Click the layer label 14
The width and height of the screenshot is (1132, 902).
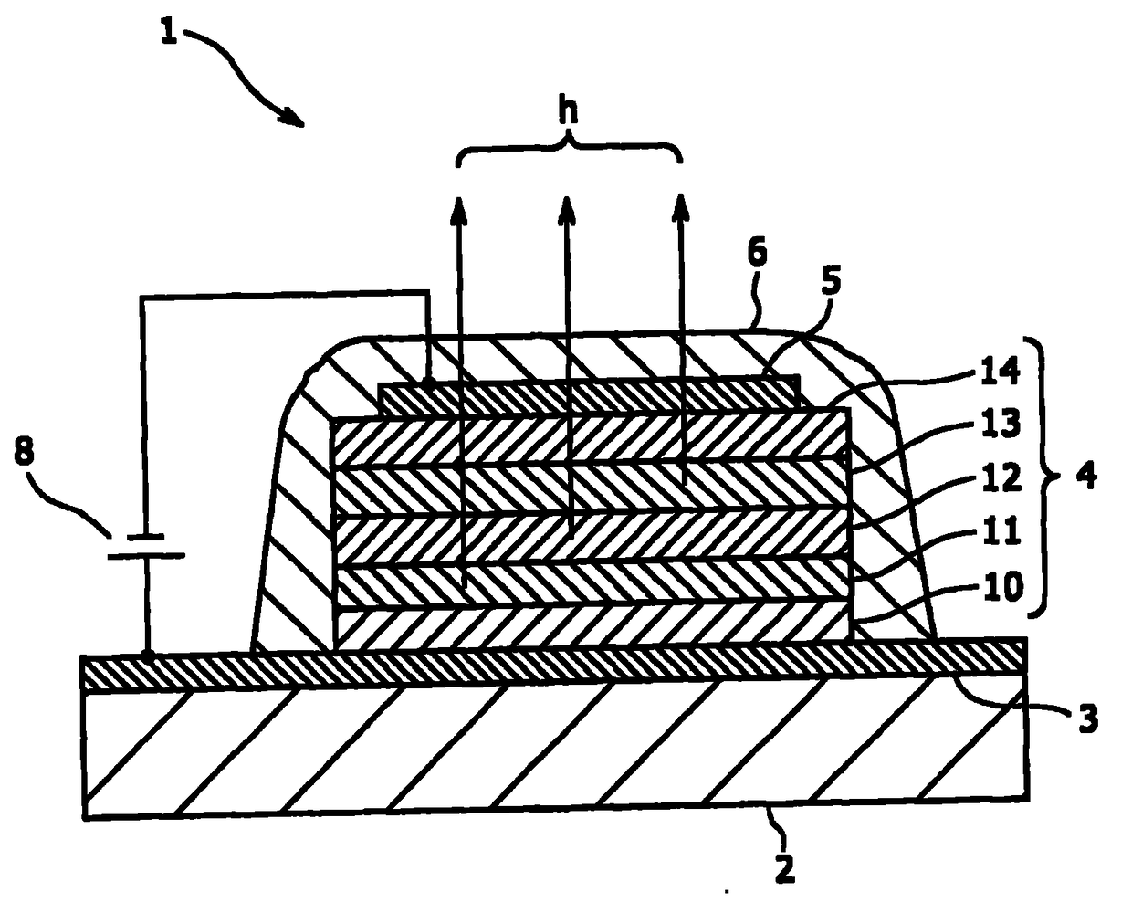[1000, 372]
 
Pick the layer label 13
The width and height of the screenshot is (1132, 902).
[1000, 425]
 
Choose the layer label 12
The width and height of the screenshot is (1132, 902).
[1000, 477]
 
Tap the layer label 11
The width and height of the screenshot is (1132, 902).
[1000, 530]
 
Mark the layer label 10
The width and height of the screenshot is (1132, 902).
[1000, 585]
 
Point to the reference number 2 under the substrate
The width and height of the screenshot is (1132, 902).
[784, 868]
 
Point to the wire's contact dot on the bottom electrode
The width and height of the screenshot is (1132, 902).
[149, 655]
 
